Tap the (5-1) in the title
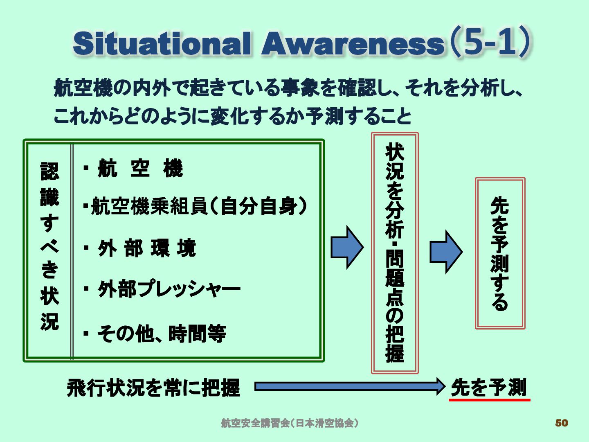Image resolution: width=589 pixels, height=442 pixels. (x=490, y=42)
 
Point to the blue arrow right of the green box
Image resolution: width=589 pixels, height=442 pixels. (x=347, y=247)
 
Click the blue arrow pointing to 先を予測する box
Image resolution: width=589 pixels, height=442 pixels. (x=446, y=252)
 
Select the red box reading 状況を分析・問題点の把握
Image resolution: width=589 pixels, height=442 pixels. (x=395, y=253)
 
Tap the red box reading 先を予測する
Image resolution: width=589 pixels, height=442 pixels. (x=500, y=253)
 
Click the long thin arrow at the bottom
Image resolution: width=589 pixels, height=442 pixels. (x=350, y=386)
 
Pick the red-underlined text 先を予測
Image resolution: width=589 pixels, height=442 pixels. (x=489, y=387)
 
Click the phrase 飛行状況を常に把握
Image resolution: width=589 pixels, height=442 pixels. (x=153, y=388)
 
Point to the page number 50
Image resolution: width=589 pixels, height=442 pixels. (x=562, y=423)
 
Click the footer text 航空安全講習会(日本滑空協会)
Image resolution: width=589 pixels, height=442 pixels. (x=290, y=423)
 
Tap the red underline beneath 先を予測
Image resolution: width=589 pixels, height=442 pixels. (x=489, y=399)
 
